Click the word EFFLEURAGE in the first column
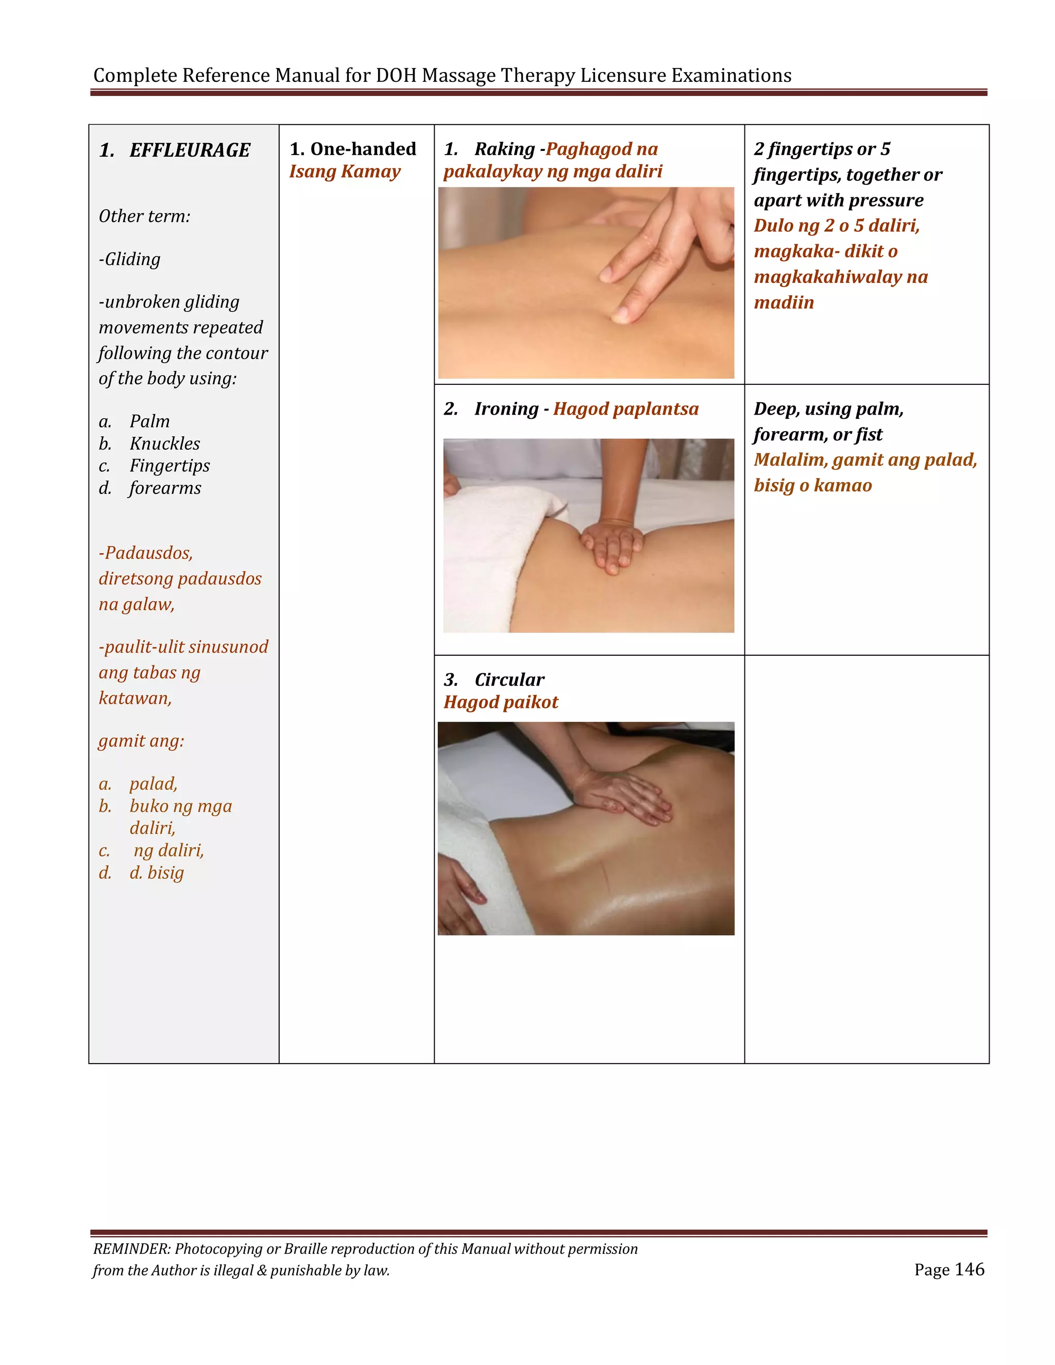(190, 150)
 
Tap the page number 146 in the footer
(969, 1269)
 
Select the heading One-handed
(363, 149)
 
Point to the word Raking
(504, 149)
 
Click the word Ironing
(506, 409)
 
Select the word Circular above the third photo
(509, 679)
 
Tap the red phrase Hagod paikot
(501, 702)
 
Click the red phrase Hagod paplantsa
(625, 409)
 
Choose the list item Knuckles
(165, 443)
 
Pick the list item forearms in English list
(165, 488)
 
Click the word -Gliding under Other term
(129, 260)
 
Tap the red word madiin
(784, 302)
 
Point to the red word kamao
(842, 486)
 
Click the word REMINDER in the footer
(131, 1249)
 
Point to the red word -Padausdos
(146, 553)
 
